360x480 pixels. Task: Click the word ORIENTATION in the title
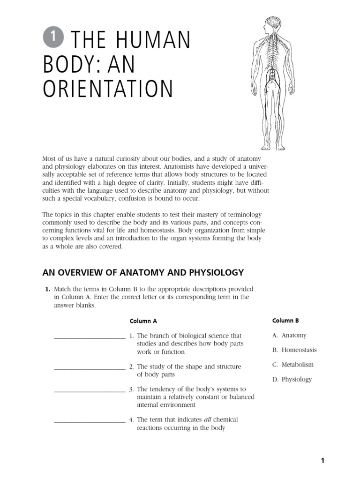(108, 89)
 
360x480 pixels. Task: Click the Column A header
(143, 321)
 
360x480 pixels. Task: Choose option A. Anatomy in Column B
(289, 335)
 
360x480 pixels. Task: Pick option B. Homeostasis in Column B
(294, 350)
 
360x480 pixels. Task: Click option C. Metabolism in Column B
(293, 365)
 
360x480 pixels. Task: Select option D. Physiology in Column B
(292, 380)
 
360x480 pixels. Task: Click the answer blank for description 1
(90, 337)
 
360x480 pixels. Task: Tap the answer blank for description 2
(90, 367)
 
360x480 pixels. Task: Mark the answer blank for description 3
(90, 390)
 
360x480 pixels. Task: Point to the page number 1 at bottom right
(322, 461)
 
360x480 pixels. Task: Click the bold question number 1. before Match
(48, 289)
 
